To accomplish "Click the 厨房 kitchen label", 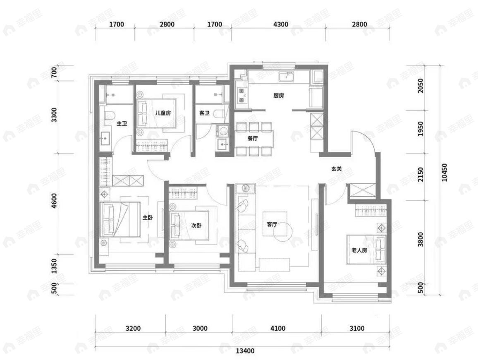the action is [x=278, y=96].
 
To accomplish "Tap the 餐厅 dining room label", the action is [x=253, y=138].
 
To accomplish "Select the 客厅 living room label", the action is [x=272, y=225].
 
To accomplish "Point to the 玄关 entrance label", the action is [x=337, y=169].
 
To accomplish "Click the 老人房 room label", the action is [x=359, y=250].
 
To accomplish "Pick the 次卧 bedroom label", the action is [x=196, y=226].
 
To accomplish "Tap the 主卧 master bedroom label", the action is [x=148, y=218].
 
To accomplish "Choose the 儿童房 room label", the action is [x=163, y=113].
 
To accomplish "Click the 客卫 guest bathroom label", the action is [x=204, y=113].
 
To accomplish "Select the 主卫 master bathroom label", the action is [x=122, y=124].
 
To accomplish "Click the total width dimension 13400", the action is [x=245, y=351].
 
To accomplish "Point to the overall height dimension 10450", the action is [x=444, y=173].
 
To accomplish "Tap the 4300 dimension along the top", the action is [x=281, y=24].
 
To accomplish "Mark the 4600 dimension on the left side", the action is [x=54, y=201].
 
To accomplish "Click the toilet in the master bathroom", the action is [x=109, y=115].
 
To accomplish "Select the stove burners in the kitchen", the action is [x=242, y=96].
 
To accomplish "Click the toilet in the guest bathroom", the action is [x=219, y=114].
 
